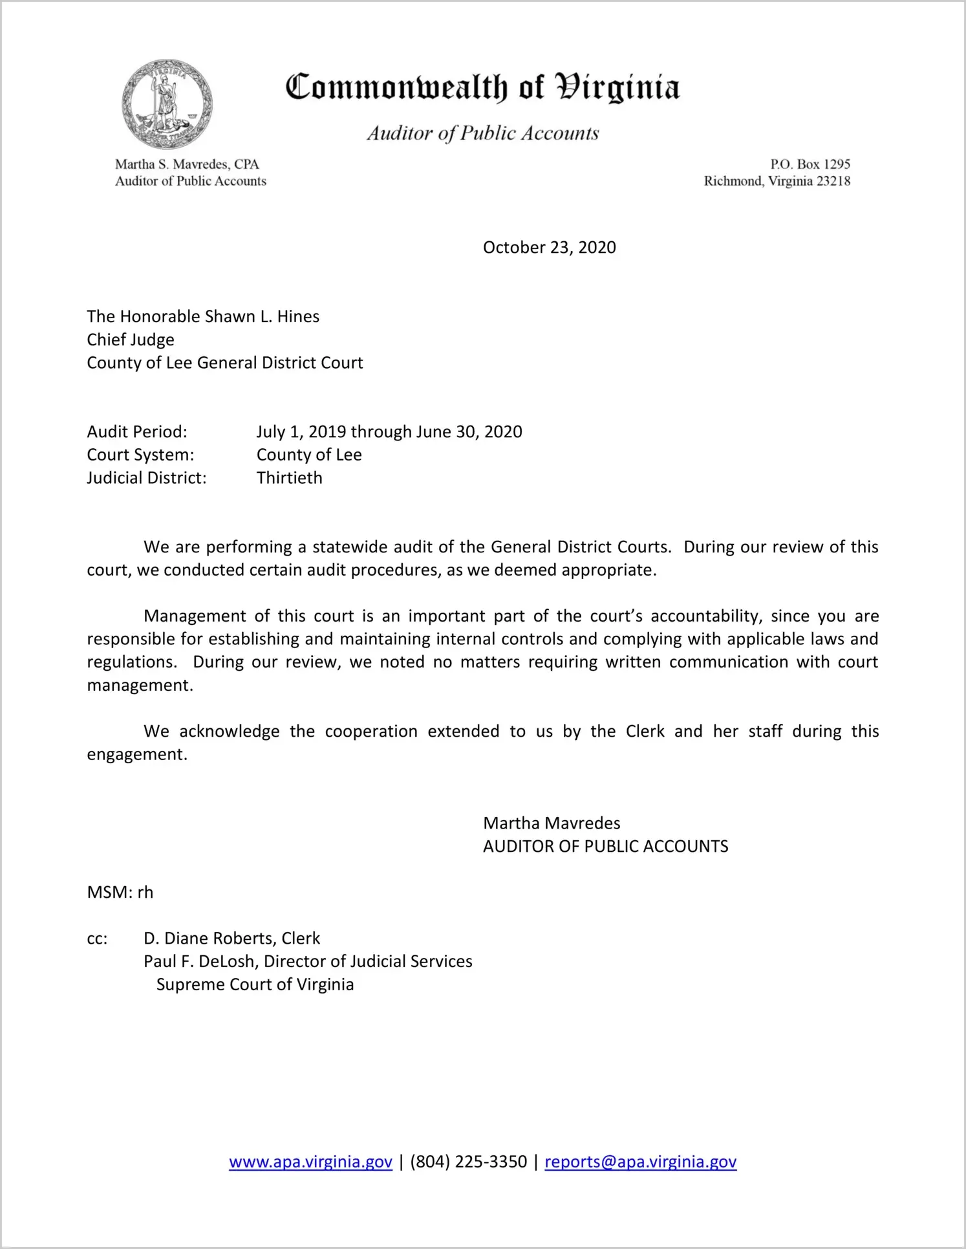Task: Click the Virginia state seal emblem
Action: [x=167, y=103]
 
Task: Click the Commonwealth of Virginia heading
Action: [x=482, y=87]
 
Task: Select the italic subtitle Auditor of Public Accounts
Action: [x=482, y=133]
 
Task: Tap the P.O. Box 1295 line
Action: [x=810, y=164]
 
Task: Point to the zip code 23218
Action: [x=833, y=181]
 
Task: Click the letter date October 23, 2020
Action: [x=549, y=248]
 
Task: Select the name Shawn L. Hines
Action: [x=262, y=316]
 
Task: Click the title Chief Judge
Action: [x=131, y=340]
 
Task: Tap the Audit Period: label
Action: [x=137, y=431]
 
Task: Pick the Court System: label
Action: [x=140, y=455]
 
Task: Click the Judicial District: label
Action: [x=147, y=478]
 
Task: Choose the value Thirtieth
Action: [x=289, y=478]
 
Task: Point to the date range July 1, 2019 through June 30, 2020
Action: [x=389, y=431]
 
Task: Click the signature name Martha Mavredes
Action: [x=552, y=823]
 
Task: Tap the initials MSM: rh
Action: [x=120, y=893]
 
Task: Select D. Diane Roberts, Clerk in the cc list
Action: [x=231, y=939]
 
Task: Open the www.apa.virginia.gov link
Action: [x=310, y=1162]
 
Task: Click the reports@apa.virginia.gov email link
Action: [x=640, y=1162]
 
